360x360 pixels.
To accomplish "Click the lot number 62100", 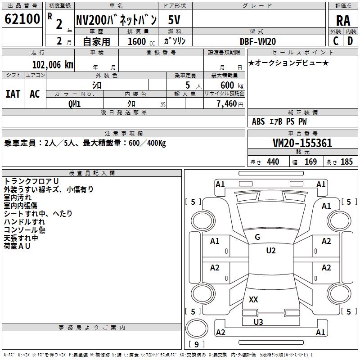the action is click(x=22, y=19).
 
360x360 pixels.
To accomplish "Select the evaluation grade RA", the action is click(x=343, y=20).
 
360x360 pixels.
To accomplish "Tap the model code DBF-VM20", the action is click(x=257, y=41).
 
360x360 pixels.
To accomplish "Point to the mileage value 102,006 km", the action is click(x=53, y=65).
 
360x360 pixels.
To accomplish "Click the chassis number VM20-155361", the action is click(x=302, y=143).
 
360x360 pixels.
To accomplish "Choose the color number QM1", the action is click(x=74, y=103).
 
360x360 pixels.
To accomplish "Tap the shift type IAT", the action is click(x=13, y=94).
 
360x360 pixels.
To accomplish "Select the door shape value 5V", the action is click(x=175, y=20).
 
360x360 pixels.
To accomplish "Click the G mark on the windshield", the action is click(x=257, y=237).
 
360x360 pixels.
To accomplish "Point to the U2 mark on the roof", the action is click(x=270, y=251).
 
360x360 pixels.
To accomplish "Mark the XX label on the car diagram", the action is click(x=253, y=300).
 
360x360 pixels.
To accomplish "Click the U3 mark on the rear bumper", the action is click(x=258, y=322).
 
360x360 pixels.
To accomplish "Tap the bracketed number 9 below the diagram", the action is click(x=196, y=344).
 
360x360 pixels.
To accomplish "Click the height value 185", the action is click(x=346, y=162).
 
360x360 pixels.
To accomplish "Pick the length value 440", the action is click(x=273, y=162).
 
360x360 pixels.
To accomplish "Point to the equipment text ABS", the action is click(x=258, y=121).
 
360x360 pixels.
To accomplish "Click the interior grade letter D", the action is click(x=350, y=40).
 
